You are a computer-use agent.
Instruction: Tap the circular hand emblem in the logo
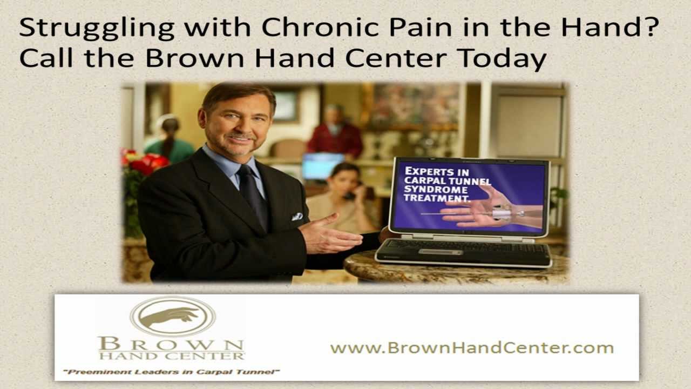(x=173, y=316)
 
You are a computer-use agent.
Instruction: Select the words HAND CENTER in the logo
(x=171, y=356)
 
